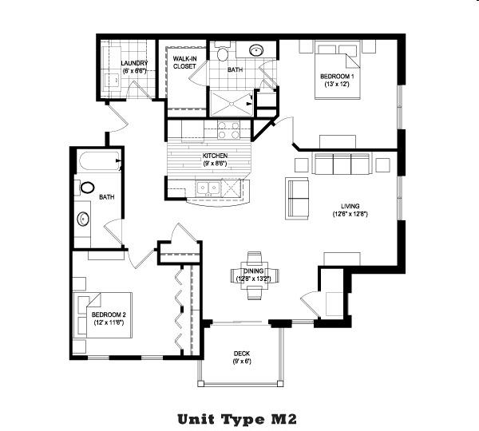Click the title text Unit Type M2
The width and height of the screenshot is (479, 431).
[239, 417]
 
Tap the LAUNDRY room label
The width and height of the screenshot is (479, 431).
[133, 63]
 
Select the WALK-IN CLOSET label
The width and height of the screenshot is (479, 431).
[186, 62]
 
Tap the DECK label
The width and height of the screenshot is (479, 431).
[243, 354]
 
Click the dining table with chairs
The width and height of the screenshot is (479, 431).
[254, 275]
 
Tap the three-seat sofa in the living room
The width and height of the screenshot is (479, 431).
[341, 164]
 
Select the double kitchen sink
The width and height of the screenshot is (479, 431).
[209, 189]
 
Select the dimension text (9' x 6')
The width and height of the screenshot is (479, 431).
[243, 362]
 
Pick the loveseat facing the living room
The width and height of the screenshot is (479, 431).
[299, 199]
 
